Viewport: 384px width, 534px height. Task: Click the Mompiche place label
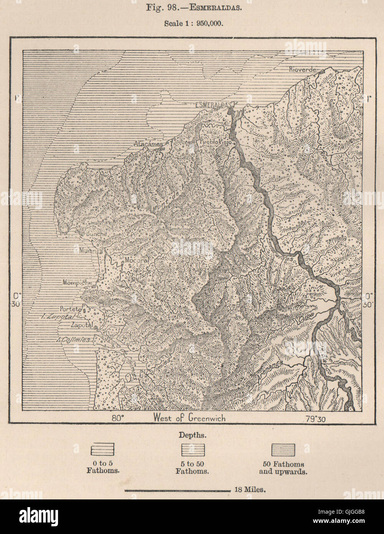point(77,282)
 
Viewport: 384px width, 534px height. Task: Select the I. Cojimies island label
point(73,340)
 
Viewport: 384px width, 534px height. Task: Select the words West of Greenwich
point(189,418)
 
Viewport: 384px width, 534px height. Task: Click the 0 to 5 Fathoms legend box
point(102,450)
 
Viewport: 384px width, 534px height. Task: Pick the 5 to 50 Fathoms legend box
point(193,450)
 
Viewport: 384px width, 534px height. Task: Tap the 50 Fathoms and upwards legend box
point(283,450)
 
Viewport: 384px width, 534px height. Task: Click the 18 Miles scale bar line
point(177,490)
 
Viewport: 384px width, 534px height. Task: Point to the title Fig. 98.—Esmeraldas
point(192,8)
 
